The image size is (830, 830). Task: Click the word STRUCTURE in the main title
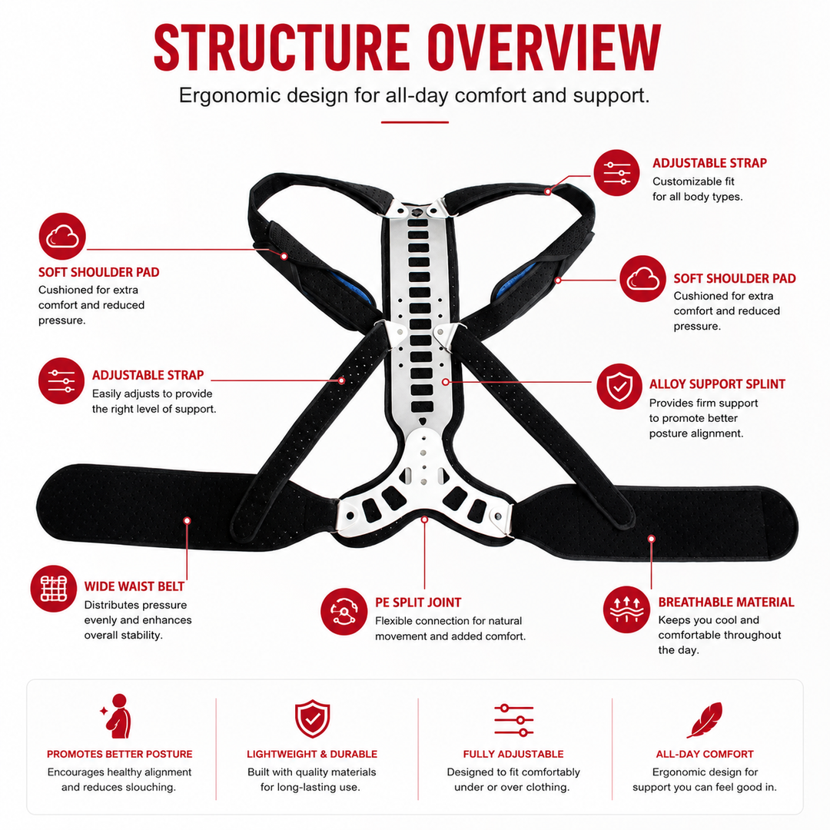coord(281,48)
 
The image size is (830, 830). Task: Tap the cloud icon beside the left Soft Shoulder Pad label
coord(62,236)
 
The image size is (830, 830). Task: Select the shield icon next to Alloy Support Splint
coord(619,387)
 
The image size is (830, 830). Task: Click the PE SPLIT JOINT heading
coord(418,603)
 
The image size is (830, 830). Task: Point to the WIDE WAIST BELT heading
coord(134,586)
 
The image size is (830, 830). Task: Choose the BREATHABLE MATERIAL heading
coord(726,602)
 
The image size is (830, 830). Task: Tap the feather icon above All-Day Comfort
coord(705,720)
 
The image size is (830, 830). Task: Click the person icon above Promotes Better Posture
coord(118,716)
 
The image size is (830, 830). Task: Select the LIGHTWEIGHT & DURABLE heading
coord(312,754)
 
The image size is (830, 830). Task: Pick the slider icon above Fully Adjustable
coord(513,720)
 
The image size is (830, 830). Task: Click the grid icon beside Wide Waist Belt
coord(54,589)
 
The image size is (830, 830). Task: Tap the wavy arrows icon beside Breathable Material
coord(627,609)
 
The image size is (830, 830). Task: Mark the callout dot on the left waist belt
coord(187,521)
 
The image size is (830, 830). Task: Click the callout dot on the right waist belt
coord(652,539)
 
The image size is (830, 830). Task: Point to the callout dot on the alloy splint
coord(446,382)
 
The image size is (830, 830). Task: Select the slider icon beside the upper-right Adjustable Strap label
coord(616,173)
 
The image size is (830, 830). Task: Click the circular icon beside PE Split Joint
coord(344,612)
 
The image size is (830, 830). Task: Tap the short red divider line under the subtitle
coord(415,122)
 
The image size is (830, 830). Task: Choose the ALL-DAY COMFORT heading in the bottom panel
coord(705,754)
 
